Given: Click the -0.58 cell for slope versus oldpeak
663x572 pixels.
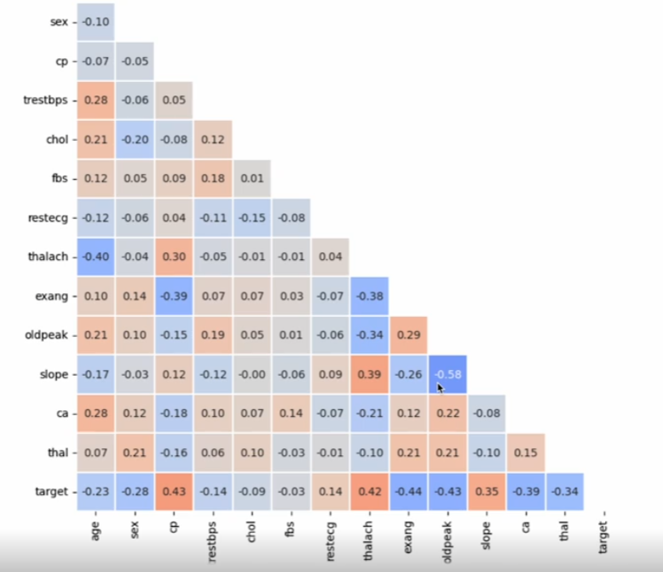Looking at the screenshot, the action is [x=447, y=374].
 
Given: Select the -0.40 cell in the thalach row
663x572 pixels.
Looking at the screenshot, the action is [x=95, y=257].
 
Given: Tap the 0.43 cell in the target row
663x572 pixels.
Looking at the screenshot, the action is [x=174, y=492].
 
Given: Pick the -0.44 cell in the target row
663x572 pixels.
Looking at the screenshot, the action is [x=408, y=492].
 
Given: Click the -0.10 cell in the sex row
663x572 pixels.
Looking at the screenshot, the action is [x=95, y=22].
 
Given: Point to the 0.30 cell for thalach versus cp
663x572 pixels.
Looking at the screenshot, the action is [x=174, y=257].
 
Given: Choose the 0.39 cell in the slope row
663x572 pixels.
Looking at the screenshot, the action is [x=370, y=374].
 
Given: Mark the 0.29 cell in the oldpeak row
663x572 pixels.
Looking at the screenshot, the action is [x=408, y=335].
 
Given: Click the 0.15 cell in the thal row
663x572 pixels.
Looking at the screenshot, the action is [x=526, y=453].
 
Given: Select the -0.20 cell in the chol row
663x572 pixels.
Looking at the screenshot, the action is [x=135, y=139].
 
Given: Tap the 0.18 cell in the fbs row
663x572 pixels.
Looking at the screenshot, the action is [x=213, y=178].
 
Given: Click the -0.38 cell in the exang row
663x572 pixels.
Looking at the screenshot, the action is [x=370, y=296].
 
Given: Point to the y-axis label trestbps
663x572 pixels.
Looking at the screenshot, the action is [x=45, y=101].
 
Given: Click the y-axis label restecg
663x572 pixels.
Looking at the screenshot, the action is [x=48, y=218].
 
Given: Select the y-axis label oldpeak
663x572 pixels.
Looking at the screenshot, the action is [x=46, y=335].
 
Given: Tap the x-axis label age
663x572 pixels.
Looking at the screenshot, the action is [x=95, y=530].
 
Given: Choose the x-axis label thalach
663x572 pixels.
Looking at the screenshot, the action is [x=369, y=541].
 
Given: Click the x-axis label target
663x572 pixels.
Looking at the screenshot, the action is [x=604, y=537].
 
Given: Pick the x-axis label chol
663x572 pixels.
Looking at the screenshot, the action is [x=252, y=532].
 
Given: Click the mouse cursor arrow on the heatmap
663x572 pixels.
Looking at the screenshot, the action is [x=441, y=389].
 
